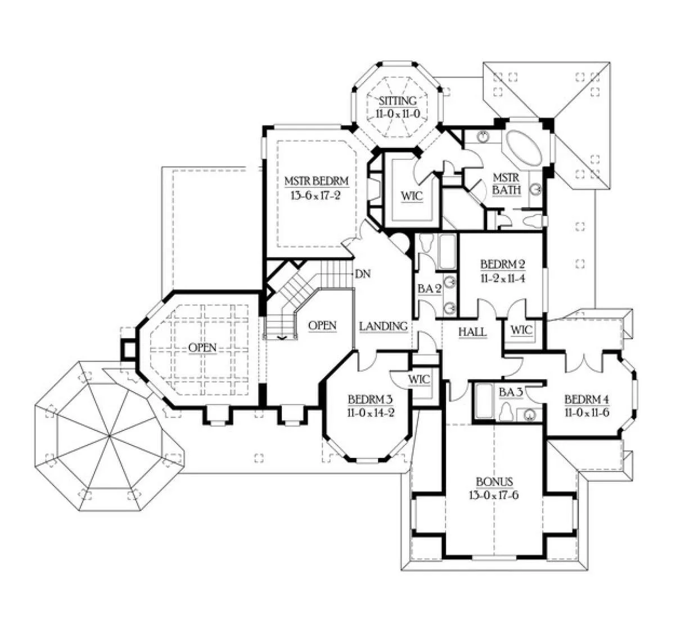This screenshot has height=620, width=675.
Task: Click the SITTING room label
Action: pos(398,101)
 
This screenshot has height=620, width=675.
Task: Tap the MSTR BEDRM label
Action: pos(316,181)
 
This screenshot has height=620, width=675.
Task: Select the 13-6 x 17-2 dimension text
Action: pos(316,195)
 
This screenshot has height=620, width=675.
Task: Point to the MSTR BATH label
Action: pos(506,184)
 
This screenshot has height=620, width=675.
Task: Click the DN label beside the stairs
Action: pos(363,275)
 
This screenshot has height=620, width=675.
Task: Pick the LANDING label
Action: pos(383,326)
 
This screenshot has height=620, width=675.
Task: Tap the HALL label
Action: pos(472,332)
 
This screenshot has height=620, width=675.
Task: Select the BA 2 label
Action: pos(429,289)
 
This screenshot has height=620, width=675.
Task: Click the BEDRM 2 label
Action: pos(503,264)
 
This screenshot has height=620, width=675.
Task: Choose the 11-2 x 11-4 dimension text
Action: pos(503,278)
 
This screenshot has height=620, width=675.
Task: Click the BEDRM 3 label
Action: pos(370,399)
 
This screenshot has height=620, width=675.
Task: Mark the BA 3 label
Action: pos(510,392)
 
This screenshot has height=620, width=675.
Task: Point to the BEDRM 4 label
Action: pos(587,399)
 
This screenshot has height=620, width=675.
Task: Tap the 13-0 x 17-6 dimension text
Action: pos(494,495)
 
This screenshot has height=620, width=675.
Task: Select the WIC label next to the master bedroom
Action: pos(412,196)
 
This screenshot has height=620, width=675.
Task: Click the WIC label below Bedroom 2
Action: pos(521,330)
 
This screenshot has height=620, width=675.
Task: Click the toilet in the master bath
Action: pos(532,221)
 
